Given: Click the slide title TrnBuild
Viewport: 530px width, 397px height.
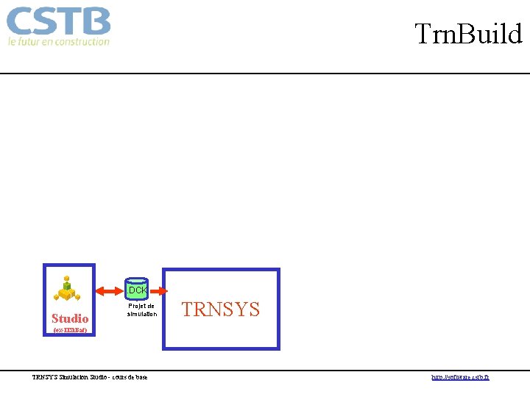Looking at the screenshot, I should [x=468, y=34].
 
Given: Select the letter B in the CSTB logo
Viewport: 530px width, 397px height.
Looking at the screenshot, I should [x=96, y=22].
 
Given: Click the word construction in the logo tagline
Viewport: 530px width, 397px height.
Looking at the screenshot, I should [x=82, y=42].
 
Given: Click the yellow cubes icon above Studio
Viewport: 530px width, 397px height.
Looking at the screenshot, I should [x=68, y=290].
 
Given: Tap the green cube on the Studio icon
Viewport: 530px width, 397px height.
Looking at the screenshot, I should [x=68, y=285].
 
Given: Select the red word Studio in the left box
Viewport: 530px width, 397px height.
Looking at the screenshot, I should [x=70, y=318].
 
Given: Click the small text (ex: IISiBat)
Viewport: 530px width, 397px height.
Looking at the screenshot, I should [x=70, y=331].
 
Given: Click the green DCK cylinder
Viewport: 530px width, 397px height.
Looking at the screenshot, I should [x=137, y=289].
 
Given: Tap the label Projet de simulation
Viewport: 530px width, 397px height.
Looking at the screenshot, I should [x=141, y=310].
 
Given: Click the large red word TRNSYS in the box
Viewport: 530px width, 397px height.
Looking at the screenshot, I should [x=221, y=310].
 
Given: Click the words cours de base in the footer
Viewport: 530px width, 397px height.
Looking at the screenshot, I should [x=130, y=377].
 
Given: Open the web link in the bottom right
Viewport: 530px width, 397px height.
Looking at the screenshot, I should [x=460, y=377].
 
